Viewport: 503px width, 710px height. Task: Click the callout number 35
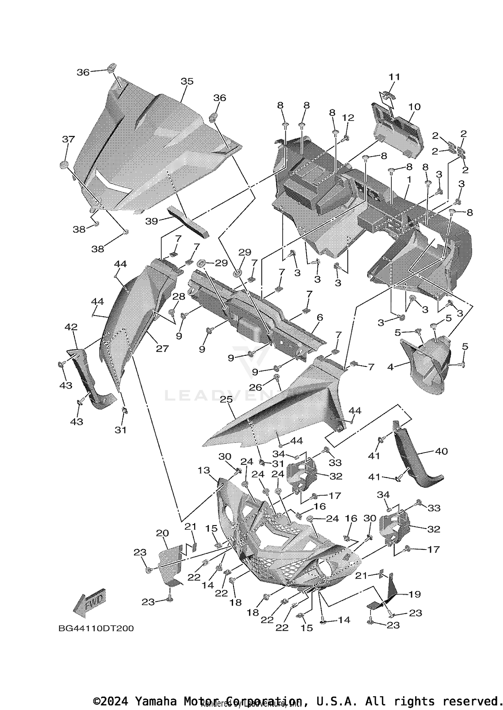point(187,81)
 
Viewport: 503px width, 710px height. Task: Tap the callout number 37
point(68,139)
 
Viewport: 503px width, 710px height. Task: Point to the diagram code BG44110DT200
point(96,628)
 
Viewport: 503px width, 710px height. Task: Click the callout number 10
point(414,107)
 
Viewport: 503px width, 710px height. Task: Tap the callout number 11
point(394,77)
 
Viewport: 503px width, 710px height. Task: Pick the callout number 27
point(162,348)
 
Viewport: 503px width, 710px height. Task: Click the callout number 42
point(71,327)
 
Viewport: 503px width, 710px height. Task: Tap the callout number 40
point(441,451)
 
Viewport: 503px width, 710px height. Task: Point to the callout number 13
point(204,470)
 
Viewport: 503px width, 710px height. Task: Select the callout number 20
point(162,533)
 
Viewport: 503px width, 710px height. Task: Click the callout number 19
point(414,594)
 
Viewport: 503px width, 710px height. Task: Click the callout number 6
point(320,317)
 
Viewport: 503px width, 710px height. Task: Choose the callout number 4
point(390,367)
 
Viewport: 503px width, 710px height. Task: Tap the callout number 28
point(179,296)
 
